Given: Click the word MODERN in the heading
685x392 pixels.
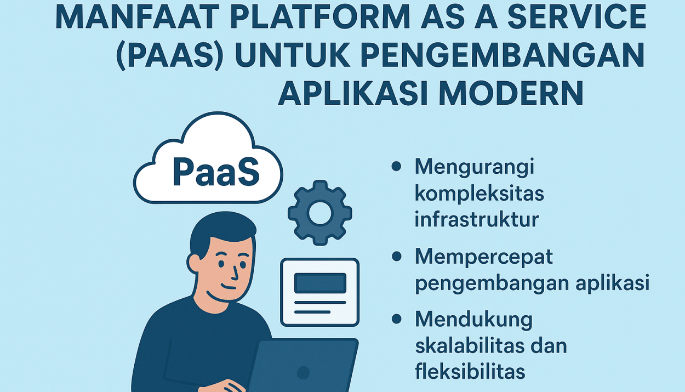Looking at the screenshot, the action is coord(511,93).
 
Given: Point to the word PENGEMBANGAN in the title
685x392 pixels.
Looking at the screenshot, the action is coord(503,55).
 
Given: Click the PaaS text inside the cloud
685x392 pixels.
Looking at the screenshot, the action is coord(216,172).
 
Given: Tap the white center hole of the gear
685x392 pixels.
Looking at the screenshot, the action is coord(320,213).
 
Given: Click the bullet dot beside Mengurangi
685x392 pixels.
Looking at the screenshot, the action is coord(396,167).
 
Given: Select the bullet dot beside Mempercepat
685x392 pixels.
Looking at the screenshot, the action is coord(396,256).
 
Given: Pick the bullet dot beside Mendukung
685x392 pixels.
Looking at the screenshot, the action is coord(396,319).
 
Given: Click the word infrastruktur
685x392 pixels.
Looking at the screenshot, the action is coord(476,219).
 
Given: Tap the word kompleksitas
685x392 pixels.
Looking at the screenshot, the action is coord(479,194).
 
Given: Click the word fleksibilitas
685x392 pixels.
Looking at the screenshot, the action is coord(470,372).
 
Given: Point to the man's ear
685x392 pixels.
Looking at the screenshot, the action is coord(195,263).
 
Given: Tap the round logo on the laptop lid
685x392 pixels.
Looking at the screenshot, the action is coord(303,373).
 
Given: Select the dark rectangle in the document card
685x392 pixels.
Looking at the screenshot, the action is coord(320,283).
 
